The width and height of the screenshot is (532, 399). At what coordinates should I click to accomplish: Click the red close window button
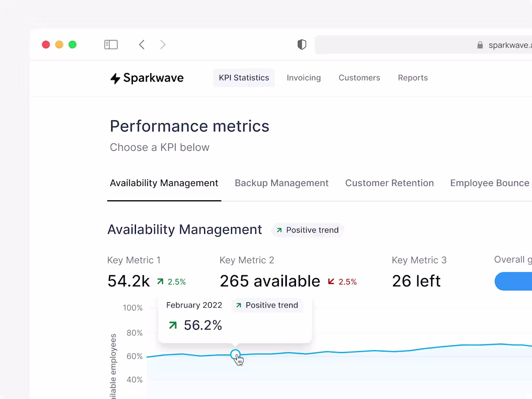(x=46, y=44)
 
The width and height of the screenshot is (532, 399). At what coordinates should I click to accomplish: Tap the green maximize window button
(x=73, y=44)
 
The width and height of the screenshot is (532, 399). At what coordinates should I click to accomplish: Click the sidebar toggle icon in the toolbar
(x=111, y=44)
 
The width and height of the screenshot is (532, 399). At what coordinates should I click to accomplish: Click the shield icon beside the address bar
(x=302, y=44)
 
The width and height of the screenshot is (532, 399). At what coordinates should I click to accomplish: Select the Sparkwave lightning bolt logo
(x=115, y=78)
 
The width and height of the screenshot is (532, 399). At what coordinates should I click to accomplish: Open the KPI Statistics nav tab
(x=244, y=78)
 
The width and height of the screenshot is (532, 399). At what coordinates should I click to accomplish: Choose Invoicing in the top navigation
(x=304, y=78)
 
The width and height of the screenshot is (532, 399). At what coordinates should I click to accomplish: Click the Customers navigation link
(x=359, y=78)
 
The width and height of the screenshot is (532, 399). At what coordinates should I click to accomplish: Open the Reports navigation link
(x=413, y=78)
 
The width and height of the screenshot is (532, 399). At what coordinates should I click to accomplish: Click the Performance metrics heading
(x=190, y=126)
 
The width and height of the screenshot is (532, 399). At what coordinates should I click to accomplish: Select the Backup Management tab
(x=281, y=183)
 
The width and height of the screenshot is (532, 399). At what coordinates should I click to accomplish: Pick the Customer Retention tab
(x=389, y=183)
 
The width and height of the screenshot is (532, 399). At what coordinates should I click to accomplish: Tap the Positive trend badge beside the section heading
(x=308, y=230)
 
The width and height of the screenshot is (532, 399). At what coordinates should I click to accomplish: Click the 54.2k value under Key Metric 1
(x=129, y=281)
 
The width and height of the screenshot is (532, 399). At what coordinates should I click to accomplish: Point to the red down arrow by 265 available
(x=331, y=281)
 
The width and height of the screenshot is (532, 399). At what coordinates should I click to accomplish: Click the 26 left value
(x=416, y=281)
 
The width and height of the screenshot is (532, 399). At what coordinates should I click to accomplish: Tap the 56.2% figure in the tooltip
(x=203, y=325)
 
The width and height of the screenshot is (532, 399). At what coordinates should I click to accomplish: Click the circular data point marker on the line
(x=235, y=354)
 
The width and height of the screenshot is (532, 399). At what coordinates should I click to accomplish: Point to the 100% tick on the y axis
(x=133, y=308)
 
